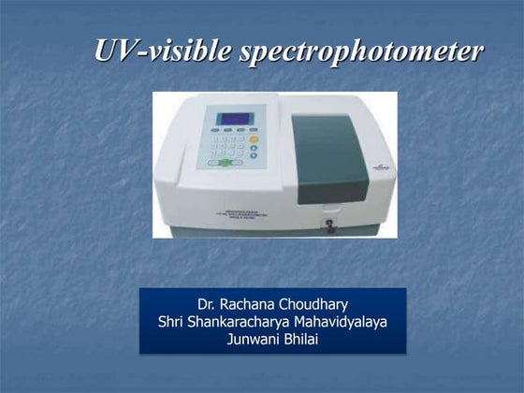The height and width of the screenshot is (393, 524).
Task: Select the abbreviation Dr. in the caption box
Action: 208,305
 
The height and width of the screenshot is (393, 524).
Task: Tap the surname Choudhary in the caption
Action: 316,305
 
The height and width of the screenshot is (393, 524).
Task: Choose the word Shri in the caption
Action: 173,322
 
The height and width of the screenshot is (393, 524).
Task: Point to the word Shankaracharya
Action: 240,322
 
